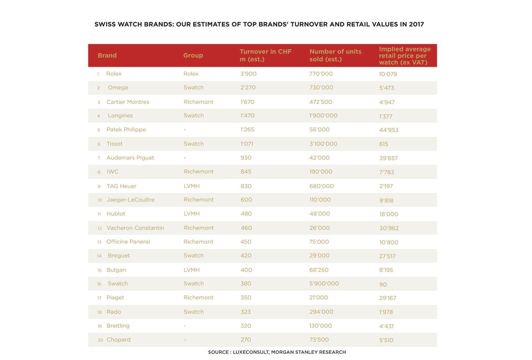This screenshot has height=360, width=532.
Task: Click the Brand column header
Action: [x=107, y=55]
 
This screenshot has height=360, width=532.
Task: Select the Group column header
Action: [x=193, y=55]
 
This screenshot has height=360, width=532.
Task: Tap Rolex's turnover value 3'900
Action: [x=248, y=74]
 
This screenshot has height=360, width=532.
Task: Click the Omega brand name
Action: [x=118, y=88]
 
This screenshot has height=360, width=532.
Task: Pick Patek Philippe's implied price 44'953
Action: [x=388, y=130]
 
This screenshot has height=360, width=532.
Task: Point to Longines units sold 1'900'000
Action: [x=323, y=116]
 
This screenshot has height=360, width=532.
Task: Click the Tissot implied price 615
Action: [x=383, y=144]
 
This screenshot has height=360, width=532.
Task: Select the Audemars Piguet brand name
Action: [x=130, y=158]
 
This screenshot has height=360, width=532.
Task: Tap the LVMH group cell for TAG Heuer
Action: [x=191, y=186]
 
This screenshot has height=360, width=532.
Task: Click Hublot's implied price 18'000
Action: [x=388, y=214]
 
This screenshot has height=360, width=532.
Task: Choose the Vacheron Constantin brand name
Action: [x=135, y=228]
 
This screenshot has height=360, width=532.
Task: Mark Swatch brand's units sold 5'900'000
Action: [x=324, y=284]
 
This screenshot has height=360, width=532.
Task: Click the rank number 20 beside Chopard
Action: [x=100, y=340]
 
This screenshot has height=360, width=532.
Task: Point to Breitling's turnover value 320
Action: [x=246, y=326]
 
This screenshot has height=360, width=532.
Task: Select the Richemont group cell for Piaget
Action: [x=198, y=298]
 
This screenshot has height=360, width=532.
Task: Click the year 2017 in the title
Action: [x=416, y=24]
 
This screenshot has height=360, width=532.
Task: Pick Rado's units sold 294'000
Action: [x=321, y=312]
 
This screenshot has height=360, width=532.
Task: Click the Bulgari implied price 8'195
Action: [x=386, y=270]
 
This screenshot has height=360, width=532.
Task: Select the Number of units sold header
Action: [x=335, y=55]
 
